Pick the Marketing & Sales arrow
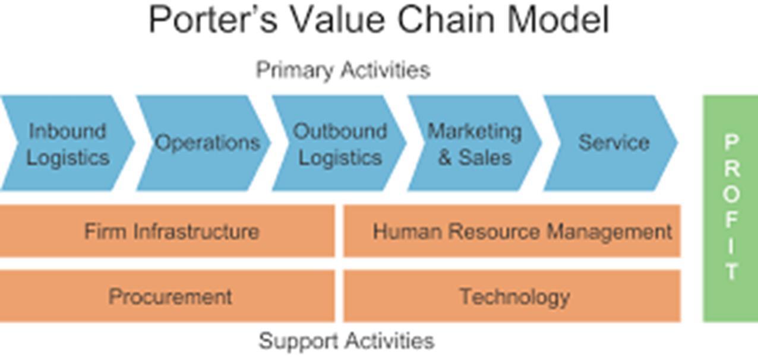[475, 143]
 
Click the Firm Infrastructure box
[170, 231]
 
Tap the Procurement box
[169, 296]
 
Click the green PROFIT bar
[731, 208]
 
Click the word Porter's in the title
[213, 19]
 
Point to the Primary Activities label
[343, 70]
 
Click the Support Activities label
[346, 341]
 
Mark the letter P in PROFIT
[731, 143]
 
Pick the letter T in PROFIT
[731, 271]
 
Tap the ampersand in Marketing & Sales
[445, 158]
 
